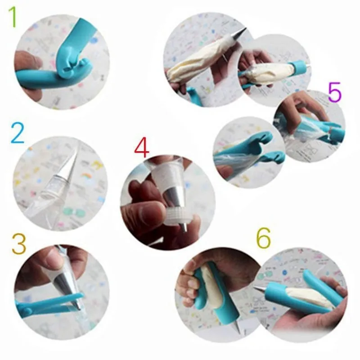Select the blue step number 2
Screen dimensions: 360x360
coord(18,133)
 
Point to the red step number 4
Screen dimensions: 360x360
coord(141,148)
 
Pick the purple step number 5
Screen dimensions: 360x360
coord(335,92)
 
